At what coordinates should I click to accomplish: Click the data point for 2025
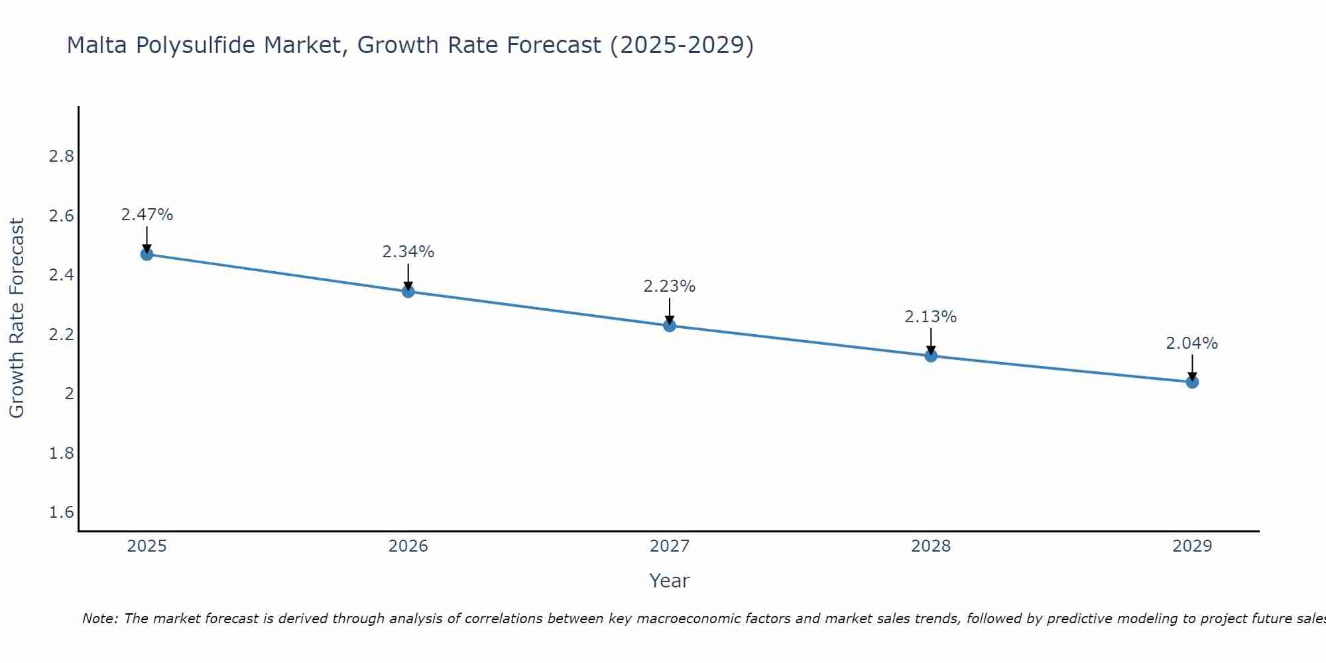(147, 254)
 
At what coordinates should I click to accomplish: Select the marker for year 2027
(669, 326)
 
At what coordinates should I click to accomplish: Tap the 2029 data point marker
(1191, 382)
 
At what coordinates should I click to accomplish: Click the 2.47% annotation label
(147, 215)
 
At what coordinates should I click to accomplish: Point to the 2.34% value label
(408, 252)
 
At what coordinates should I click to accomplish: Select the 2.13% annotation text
(930, 317)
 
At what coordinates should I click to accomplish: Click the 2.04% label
(1191, 343)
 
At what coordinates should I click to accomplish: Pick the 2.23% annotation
(669, 286)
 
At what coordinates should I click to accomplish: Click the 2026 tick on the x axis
(408, 546)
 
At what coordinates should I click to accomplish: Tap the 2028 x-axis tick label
(930, 546)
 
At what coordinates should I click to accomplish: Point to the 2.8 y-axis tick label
(61, 156)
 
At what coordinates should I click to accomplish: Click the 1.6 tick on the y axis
(61, 512)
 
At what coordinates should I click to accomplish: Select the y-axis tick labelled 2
(69, 394)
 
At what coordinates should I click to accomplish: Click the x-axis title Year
(669, 581)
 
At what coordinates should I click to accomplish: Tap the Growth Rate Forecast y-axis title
(17, 318)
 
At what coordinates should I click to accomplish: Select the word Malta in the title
(95, 46)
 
